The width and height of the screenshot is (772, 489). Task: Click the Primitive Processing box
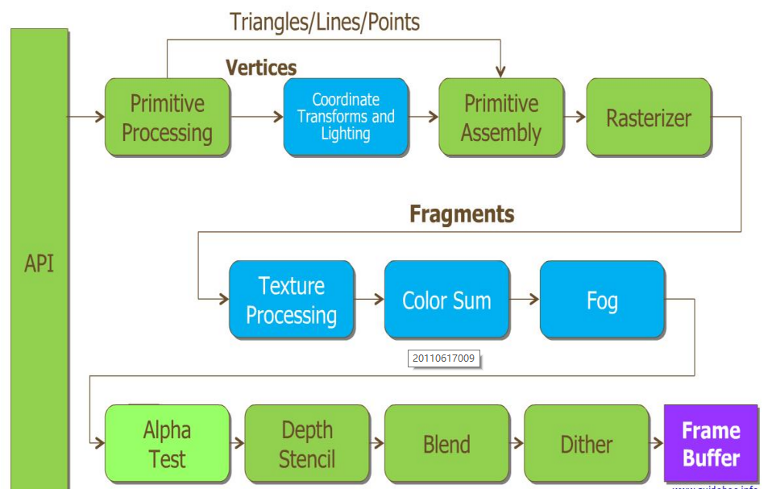pyautogui.click(x=168, y=118)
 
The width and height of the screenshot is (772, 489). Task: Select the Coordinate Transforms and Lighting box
pyautogui.click(x=346, y=117)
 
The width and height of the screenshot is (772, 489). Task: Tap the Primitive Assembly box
pyautogui.click(x=501, y=118)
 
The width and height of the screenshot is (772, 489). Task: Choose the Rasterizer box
pyautogui.click(x=649, y=118)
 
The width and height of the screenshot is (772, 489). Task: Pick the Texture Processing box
pyautogui.click(x=292, y=300)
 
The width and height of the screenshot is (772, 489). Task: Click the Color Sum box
pyautogui.click(x=446, y=300)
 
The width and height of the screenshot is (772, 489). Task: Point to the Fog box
pyautogui.click(x=602, y=300)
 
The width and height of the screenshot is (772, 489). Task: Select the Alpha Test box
pyautogui.click(x=168, y=444)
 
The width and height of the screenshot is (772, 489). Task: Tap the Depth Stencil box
pyautogui.click(x=307, y=444)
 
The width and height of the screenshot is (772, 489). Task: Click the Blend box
pyautogui.click(x=446, y=444)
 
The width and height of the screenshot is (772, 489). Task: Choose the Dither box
pyautogui.click(x=587, y=444)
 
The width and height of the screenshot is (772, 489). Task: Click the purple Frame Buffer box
pyautogui.click(x=711, y=444)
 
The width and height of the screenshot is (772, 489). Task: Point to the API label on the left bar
pyautogui.click(x=39, y=263)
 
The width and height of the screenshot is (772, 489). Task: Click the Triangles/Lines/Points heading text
pyautogui.click(x=325, y=22)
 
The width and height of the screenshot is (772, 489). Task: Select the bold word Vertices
pyautogui.click(x=261, y=68)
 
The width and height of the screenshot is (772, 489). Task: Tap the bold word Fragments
pyautogui.click(x=462, y=213)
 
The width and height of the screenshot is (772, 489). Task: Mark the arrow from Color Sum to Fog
pyautogui.click(x=525, y=300)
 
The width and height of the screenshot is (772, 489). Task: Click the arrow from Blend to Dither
pyautogui.click(x=517, y=443)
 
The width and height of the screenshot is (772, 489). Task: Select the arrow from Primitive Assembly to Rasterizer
pyautogui.click(x=575, y=117)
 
